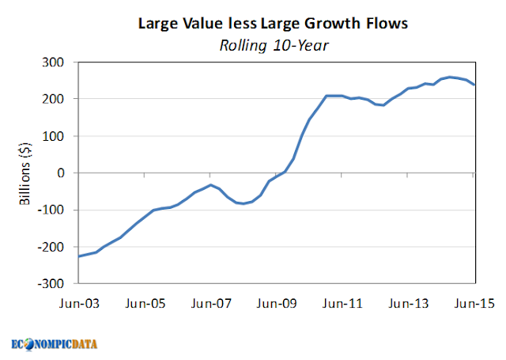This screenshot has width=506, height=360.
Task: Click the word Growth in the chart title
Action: [332, 24]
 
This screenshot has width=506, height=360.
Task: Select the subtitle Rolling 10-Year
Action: [274, 46]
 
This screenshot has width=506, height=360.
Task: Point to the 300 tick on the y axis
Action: [53, 62]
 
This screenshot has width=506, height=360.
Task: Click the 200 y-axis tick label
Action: [53, 99]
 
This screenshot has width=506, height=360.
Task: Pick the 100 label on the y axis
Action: [53, 136]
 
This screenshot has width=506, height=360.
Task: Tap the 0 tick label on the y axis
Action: [61, 173]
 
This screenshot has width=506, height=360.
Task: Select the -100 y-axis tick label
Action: [51, 210]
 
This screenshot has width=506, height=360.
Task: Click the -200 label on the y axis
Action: [51, 248]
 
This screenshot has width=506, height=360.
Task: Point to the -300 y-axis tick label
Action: [51, 284]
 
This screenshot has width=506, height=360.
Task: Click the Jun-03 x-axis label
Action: [79, 304]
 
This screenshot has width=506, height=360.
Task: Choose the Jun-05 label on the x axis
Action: [145, 304]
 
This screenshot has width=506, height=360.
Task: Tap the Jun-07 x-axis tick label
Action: [211, 304]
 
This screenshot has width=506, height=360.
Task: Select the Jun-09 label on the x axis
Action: [277, 304]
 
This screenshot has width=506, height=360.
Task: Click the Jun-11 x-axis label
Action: [342, 304]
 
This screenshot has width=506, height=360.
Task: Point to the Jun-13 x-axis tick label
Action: [408, 304]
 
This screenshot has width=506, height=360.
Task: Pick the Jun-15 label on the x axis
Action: [474, 304]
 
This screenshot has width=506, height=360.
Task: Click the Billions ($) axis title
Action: [25, 173]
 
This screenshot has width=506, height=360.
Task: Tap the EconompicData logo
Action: [55, 344]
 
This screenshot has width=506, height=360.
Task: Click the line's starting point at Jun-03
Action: [79, 256]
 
